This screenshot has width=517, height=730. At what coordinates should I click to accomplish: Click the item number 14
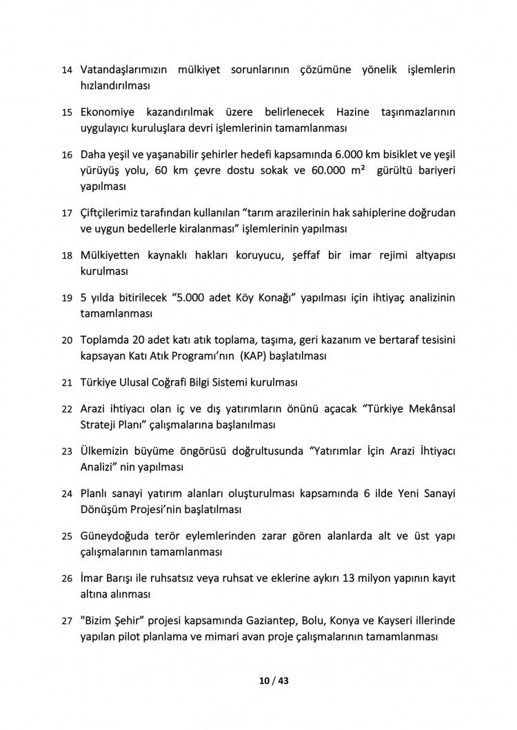pos(67,70)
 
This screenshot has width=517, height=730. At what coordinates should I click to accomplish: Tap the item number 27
pos(67,620)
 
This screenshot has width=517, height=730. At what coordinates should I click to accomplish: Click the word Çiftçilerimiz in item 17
pos(115,212)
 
